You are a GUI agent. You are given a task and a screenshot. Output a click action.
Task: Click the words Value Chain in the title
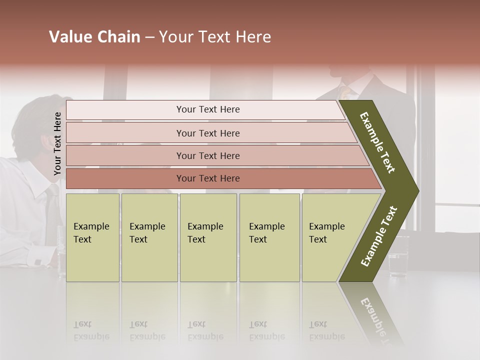point(94,37)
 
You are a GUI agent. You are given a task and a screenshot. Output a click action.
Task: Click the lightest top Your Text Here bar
point(207,109)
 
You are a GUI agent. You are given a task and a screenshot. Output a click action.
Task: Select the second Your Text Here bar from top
point(207,133)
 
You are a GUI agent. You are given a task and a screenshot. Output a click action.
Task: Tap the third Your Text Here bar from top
point(207,155)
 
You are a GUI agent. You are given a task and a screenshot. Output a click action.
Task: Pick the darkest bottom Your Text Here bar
point(207,178)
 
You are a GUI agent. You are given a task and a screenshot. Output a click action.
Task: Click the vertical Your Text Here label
point(57,143)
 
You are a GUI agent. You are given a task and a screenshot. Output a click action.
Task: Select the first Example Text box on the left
point(92,237)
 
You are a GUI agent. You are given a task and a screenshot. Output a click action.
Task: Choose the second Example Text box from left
point(149,237)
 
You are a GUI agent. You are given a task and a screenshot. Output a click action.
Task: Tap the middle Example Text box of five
point(208,237)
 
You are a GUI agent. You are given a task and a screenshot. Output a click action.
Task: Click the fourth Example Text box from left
point(269,237)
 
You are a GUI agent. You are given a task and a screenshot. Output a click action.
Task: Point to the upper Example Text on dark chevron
point(378,142)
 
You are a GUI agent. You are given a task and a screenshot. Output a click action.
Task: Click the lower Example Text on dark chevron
point(379,236)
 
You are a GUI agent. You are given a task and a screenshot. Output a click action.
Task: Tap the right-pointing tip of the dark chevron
point(415,191)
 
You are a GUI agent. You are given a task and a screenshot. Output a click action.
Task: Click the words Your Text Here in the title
point(215,37)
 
